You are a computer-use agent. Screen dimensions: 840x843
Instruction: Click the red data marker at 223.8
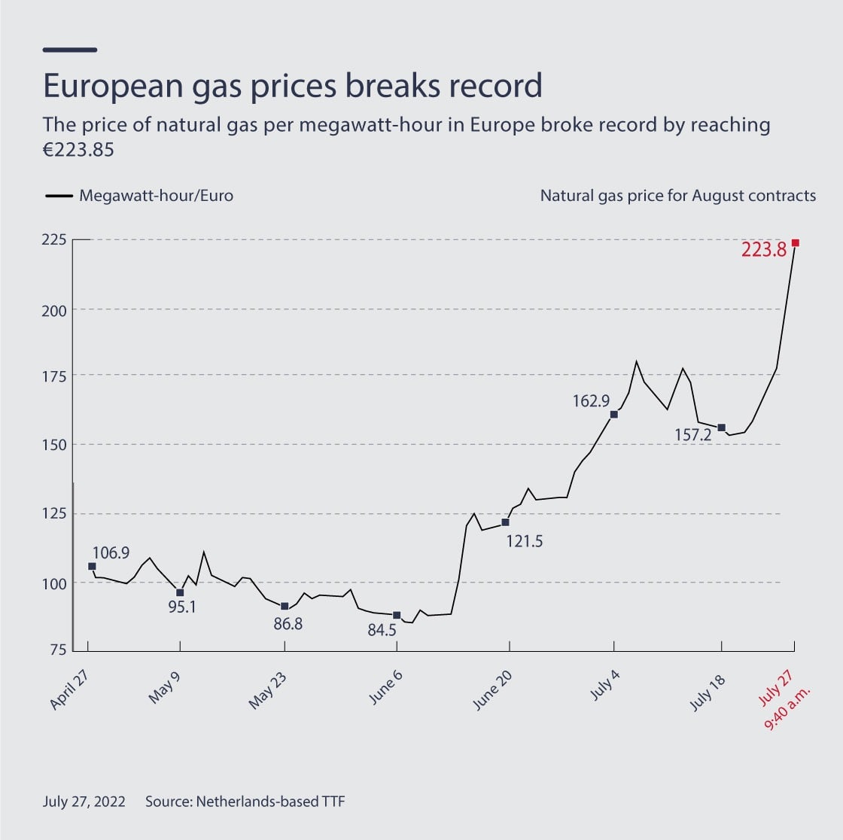click(795, 243)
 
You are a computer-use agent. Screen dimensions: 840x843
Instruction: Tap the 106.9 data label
click(111, 553)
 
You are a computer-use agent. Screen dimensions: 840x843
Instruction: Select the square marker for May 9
click(180, 592)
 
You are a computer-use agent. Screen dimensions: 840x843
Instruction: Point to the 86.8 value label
click(287, 624)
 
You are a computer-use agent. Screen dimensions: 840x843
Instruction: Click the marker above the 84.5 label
click(397, 615)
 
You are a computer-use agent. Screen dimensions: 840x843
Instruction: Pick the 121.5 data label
click(524, 540)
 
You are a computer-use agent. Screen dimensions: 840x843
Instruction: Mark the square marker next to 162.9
click(614, 415)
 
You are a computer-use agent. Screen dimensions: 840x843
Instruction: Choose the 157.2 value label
click(694, 435)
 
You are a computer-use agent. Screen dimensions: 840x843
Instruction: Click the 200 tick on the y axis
click(58, 310)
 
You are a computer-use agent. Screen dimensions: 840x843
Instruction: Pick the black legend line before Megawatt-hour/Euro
click(58, 196)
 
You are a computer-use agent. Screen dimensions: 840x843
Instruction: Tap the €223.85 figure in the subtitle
click(78, 149)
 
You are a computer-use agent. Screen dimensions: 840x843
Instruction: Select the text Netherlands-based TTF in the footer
click(270, 802)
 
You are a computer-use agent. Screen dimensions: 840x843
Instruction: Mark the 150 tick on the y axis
click(58, 444)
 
